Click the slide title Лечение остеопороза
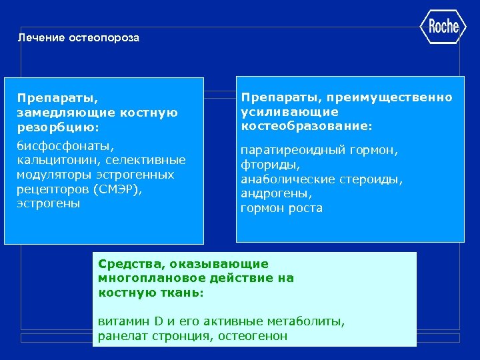click(79, 38)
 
